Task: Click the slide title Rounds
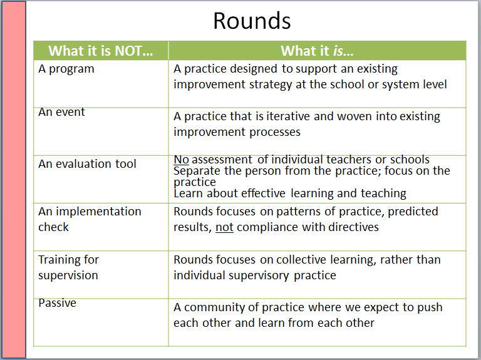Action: click(252, 21)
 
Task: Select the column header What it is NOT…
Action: click(100, 51)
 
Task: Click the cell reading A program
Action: click(66, 69)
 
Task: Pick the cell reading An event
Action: click(61, 112)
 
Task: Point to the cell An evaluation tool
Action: click(87, 164)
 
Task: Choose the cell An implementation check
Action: click(90, 219)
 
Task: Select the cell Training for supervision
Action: click(69, 267)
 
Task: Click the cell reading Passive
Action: click(57, 303)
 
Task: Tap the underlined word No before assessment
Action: click(181, 160)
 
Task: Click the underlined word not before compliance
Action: click(224, 227)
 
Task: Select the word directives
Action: click(352, 227)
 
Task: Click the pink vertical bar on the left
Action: click(13, 180)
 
